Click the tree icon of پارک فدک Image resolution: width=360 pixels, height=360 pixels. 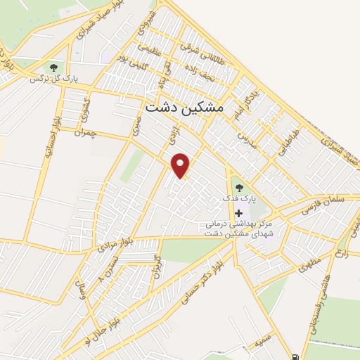tap(238, 187)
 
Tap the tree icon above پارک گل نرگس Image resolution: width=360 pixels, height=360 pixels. tap(51, 67)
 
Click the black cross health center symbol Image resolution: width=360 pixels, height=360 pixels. tap(238, 213)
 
